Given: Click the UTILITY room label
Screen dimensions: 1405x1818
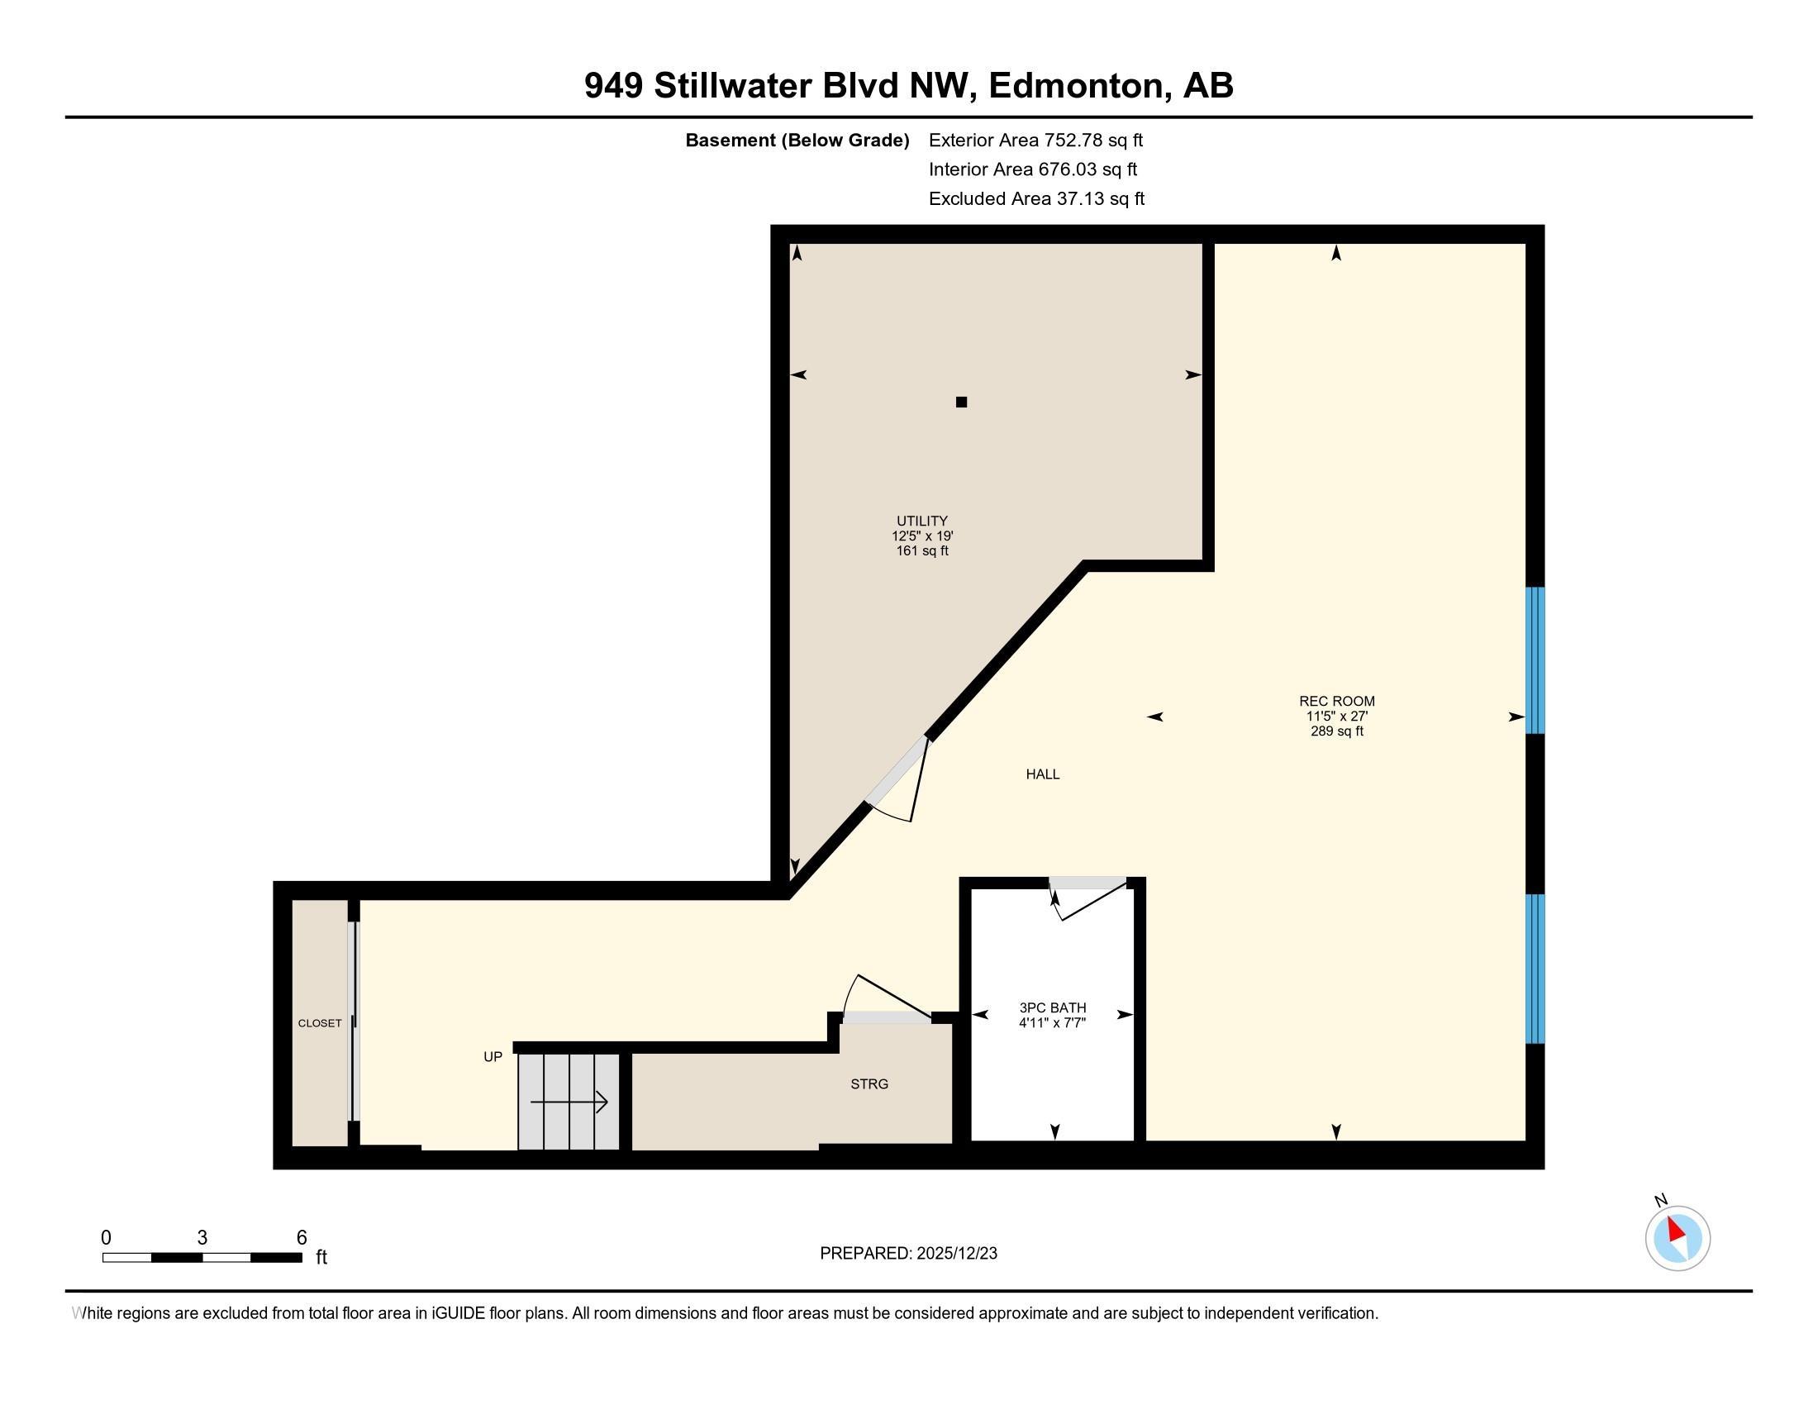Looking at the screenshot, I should coord(921,521).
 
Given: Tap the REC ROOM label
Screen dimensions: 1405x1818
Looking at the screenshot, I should coord(1336,701).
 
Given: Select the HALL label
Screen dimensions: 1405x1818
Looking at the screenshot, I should coord(1042,774).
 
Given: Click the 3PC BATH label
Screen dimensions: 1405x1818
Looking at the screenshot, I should coord(1052,1007).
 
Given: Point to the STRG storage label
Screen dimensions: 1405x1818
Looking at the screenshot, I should coord(869,1084).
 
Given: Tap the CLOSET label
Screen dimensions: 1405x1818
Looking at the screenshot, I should coord(320,1023).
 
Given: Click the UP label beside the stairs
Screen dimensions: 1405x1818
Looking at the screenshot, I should coord(493,1056).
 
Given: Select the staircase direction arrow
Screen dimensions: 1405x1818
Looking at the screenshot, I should coord(569,1103).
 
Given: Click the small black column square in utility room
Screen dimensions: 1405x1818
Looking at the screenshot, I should coord(961,402).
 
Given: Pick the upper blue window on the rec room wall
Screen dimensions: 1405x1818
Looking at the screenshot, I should coord(1535,660).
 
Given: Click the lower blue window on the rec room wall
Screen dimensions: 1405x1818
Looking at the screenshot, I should coord(1535,969).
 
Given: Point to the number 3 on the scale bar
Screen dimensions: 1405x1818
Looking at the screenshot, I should coord(202,1238).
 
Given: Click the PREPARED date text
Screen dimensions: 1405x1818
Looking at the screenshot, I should coord(908,1254).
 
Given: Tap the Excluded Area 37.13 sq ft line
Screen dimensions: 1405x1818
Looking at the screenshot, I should coord(1036,198).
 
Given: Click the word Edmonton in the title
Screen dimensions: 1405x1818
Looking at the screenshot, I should coord(1075,86).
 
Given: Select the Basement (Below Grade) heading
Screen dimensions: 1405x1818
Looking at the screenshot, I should coord(797,140).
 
